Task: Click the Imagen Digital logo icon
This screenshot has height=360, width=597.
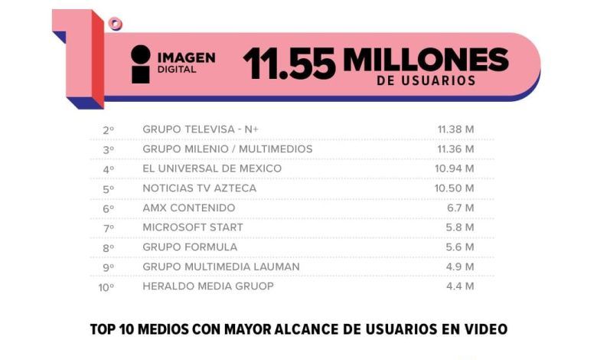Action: [x=141, y=64]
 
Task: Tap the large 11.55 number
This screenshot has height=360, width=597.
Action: [x=289, y=64]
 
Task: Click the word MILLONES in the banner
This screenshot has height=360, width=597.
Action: [x=426, y=60]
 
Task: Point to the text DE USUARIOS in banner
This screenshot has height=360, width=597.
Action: [x=426, y=80]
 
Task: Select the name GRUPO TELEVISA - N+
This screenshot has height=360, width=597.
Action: [x=201, y=129]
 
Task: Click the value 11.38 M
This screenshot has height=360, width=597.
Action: [x=455, y=129]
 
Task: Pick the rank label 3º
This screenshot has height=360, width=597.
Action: [x=109, y=149]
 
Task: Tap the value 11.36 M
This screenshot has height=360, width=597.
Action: [x=455, y=149]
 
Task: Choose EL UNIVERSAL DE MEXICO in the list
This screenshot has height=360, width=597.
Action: [x=212, y=169]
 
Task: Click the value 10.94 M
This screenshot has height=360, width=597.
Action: [x=455, y=169]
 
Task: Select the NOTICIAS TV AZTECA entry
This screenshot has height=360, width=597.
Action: [x=200, y=188]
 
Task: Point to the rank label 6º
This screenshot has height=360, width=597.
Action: [x=109, y=209]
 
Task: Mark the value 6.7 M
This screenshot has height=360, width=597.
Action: [x=461, y=208]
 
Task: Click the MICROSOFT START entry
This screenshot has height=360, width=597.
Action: [x=193, y=227]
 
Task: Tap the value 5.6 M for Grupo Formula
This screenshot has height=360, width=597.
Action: [x=460, y=247]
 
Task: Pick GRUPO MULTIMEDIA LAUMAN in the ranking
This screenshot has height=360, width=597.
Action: [x=221, y=267]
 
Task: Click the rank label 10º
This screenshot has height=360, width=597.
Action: [x=106, y=287]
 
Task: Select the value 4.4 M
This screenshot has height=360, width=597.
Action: [x=460, y=286]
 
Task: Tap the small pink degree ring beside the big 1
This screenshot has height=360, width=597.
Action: [x=115, y=24]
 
